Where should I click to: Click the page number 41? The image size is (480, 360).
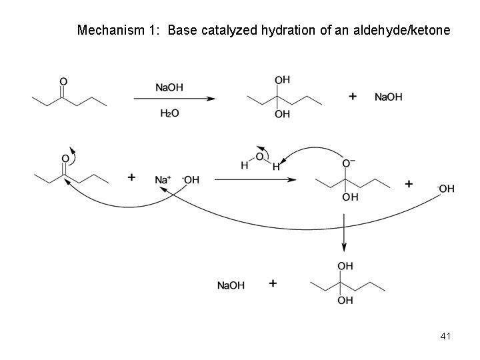pos(446,336)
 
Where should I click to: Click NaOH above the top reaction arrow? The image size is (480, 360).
pos(171,86)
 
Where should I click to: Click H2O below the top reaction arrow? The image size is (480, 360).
pos(170,113)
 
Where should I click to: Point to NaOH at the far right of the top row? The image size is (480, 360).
pos(388,97)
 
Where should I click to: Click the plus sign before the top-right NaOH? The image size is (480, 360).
pos(353,97)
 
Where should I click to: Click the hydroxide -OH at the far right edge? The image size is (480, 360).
pos(446,189)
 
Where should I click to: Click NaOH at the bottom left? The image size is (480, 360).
pos(231,285)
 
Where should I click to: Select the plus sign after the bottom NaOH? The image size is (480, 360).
pos(272,284)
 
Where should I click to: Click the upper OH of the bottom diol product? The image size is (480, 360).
pos(345,266)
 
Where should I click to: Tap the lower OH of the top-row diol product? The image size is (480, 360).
pos(283,114)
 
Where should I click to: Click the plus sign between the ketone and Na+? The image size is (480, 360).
pos(131,177)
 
